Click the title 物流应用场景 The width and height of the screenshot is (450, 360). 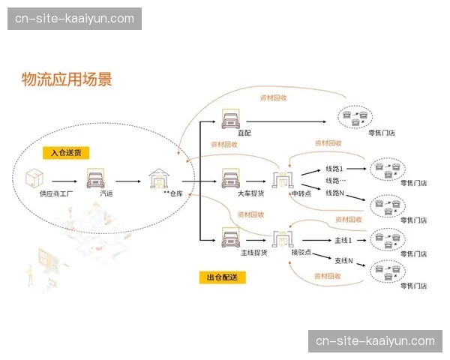(x=67, y=79)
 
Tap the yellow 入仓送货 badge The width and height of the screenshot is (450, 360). (x=65, y=152)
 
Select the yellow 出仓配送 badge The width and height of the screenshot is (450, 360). (x=221, y=277)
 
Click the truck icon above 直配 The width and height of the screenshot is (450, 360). (x=230, y=118)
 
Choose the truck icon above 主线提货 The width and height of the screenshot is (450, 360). (x=230, y=239)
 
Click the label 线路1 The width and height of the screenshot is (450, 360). (x=334, y=169)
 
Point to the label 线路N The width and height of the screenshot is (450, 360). (x=334, y=193)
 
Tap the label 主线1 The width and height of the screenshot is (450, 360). (x=342, y=240)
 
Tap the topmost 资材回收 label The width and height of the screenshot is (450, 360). (x=272, y=97)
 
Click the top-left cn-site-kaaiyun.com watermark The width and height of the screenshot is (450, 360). (x=75, y=19)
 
